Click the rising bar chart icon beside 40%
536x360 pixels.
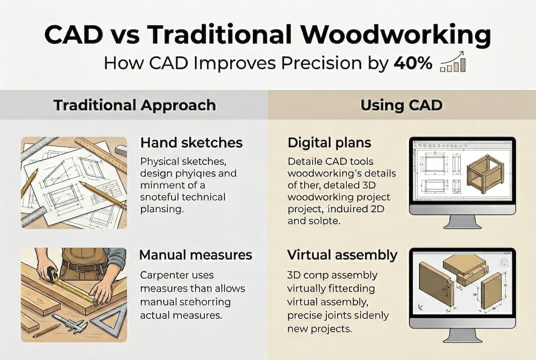[453, 61]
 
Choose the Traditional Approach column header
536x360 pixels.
[134, 105]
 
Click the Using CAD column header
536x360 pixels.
[402, 105]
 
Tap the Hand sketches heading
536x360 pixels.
[191, 142]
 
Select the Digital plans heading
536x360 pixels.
[329, 142]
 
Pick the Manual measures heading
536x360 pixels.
[195, 255]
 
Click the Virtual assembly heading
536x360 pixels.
[342, 255]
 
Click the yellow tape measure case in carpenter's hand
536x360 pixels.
[52, 274]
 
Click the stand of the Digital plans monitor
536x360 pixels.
[462, 221]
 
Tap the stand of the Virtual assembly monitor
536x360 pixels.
[462, 333]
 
